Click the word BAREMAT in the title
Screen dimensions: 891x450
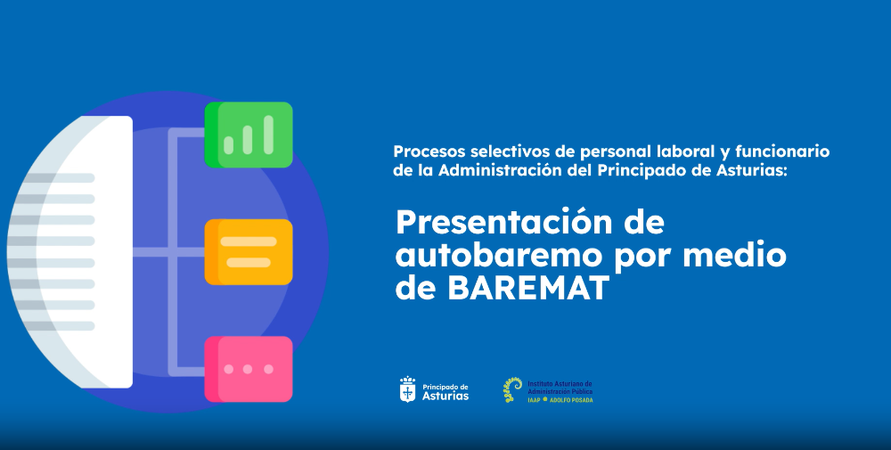pos(528,288)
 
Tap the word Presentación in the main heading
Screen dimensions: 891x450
pos(503,222)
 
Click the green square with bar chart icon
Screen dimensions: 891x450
pos(249,135)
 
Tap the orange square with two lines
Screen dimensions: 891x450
pos(249,251)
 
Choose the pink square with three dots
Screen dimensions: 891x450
pos(249,369)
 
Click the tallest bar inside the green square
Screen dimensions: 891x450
pos(269,135)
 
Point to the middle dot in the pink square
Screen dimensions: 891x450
pos(248,369)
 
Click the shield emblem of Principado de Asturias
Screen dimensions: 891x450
pos(407,389)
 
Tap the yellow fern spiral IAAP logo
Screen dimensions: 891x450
pos(512,389)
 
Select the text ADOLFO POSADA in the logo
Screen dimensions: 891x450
pos(571,400)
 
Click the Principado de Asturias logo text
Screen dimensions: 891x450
pos(445,392)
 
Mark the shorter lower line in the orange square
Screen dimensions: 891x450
pos(249,263)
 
